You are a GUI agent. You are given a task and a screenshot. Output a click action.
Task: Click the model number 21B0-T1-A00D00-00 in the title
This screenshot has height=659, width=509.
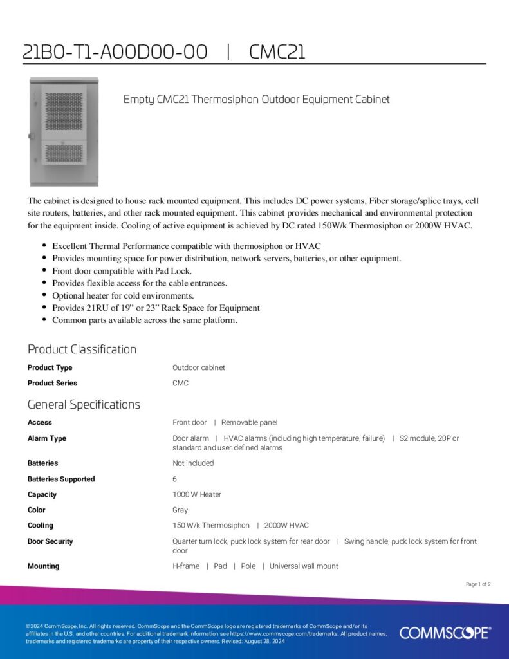click(x=115, y=52)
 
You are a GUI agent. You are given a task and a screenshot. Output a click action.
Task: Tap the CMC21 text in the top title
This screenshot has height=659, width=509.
click(x=277, y=52)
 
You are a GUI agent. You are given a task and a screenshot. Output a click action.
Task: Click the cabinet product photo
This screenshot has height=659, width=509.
click(x=64, y=131)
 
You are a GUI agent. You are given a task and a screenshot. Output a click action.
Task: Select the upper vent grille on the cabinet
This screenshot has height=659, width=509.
click(x=64, y=107)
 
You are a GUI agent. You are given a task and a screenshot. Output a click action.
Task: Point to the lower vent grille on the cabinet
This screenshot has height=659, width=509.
click(x=64, y=153)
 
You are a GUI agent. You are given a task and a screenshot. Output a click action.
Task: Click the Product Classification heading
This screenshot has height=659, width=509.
click(x=82, y=349)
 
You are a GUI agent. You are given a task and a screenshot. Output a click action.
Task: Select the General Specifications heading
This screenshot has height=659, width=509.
click(x=84, y=405)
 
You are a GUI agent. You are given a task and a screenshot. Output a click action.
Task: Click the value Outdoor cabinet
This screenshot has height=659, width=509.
click(x=199, y=368)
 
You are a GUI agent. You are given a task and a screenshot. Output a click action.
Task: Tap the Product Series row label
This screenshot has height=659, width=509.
click(x=52, y=384)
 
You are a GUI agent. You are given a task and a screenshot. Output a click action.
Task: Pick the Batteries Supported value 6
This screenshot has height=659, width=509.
click(x=174, y=479)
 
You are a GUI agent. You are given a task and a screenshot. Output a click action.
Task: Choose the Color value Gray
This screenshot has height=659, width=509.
click(x=180, y=510)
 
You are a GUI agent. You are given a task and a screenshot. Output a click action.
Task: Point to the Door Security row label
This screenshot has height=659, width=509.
click(x=50, y=542)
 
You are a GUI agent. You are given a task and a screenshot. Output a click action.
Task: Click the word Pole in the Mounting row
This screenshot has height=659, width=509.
click(x=248, y=566)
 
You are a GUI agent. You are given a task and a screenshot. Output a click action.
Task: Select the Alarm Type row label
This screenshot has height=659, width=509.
click(x=47, y=439)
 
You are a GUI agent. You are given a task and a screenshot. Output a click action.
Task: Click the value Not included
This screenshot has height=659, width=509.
click(x=193, y=463)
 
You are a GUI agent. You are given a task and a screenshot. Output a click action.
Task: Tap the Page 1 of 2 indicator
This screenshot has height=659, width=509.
click(x=478, y=584)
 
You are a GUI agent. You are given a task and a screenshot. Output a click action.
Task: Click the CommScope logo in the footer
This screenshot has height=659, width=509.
click(x=445, y=633)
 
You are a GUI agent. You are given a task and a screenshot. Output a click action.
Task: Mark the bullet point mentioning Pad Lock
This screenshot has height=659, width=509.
click(x=122, y=271)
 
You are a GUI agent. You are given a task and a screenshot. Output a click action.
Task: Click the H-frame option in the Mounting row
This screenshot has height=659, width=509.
click(x=186, y=566)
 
